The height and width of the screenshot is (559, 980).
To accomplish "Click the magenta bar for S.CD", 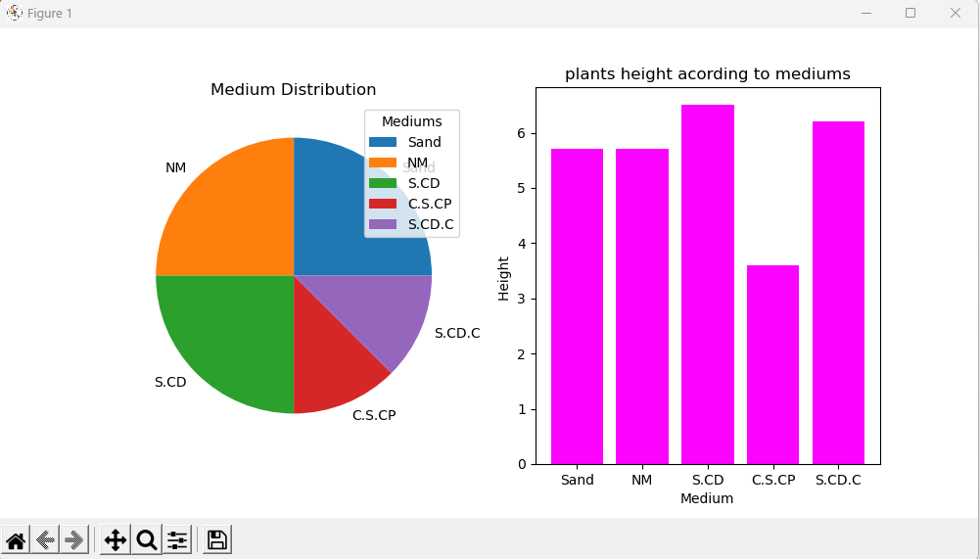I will pyautogui.click(x=707, y=284).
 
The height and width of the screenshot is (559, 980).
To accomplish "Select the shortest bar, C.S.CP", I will pyautogui.click(x=772, y=364).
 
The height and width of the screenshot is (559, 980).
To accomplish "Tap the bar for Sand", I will pyautogui.click(x=577, y=305).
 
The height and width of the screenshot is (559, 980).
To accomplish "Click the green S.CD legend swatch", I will pyautogui.click(x=383, y=183).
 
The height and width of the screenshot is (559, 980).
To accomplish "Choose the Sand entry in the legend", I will pyautogui.click(x=424, y=142).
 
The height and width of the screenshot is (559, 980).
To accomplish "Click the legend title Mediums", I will pyautogui.click(x=411, y=121).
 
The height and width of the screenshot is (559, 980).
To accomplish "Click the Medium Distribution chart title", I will pyautogui.click(x=294, y=90).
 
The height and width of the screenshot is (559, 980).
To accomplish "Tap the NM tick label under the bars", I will pyautogui.click(x=641, y=481).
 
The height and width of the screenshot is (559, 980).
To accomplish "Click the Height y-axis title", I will pyautogui.click(x=504, y=278).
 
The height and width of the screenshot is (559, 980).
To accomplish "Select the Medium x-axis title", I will pyautogui.click(x=707, y=498).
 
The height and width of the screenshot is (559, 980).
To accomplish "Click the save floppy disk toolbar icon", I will pyautogui.click(x=217, y=539).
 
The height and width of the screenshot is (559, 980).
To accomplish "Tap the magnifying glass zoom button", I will pyautogui.click(x=147, y=539).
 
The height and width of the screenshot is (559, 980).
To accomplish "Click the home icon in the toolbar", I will pyautogui.click(x=16, y=539).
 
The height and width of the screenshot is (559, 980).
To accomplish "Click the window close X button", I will pyautogui.click(x=955, y=13).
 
